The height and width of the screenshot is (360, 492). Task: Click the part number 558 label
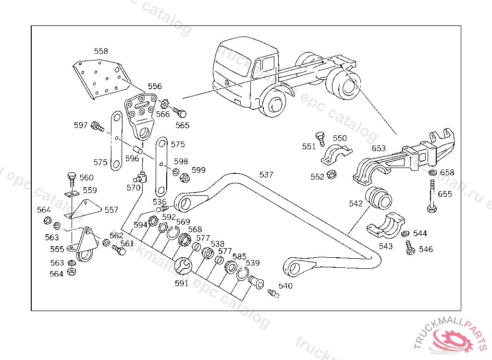pyautogui.click(x=101, y=51)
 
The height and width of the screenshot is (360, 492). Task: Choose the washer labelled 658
pyautogui.click(x=432, y=173)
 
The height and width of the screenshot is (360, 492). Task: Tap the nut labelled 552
pyautogui.click(x=331, y=175)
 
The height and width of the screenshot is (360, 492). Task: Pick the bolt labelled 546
pyautogui.click(x=410, y=248)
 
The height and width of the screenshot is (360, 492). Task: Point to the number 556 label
pyautogui.click(x=155, y=86)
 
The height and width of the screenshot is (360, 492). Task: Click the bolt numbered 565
pyautogui.click(x=180, y=113)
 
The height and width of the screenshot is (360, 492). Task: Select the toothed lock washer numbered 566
pyautogui.click(x=166, y=104)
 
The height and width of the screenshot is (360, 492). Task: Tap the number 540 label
pyautogui.click(x=285, y=286)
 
